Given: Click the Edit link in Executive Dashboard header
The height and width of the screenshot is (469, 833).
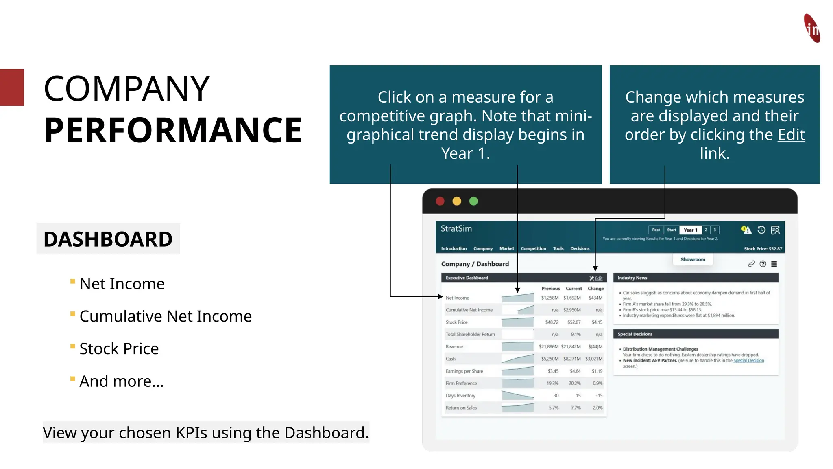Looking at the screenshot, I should click(x=598, y=278).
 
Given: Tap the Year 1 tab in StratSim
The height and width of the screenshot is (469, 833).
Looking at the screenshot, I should click(x=690, y=230).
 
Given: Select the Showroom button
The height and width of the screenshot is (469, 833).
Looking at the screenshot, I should click(x=693, y=259).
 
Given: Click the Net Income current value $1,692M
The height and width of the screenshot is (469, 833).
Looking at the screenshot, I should click(x=572, y=298).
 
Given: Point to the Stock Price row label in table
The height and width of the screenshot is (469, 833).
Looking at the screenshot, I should click(x=456, y=322).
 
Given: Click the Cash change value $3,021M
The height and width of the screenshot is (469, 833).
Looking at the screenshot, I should click(x=594, y=359).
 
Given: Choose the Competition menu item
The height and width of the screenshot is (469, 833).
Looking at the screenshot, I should click(x=533, y=249).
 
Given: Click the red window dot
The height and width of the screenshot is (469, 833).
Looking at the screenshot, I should click(x=440, y=201).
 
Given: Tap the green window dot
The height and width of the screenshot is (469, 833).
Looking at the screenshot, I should click(x=473, y=201).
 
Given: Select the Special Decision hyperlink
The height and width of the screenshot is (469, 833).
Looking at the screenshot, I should click(x=748, y=361).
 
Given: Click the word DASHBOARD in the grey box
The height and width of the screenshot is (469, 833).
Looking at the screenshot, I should click(x=108, y=239).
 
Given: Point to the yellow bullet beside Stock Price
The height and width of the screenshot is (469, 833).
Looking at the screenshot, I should click(x=73, y=346).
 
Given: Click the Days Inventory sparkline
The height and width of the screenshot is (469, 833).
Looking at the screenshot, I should click(x=517, y=395).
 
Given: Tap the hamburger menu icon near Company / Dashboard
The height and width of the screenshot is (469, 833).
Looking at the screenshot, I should click(x=774, y=264).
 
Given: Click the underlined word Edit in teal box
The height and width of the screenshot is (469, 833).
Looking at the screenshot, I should click(x=791, y=135).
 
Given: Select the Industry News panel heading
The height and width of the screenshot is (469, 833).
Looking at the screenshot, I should click(x=632, y=278).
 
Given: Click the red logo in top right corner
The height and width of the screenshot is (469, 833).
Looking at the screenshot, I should click(x=812, y=28).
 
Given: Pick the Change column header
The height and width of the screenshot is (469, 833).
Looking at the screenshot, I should click(x=595, y=289).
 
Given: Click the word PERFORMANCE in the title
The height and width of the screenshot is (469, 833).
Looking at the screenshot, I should click(x=173, y=130).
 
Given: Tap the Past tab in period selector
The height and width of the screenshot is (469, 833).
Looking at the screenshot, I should click(x=656, y=230).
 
